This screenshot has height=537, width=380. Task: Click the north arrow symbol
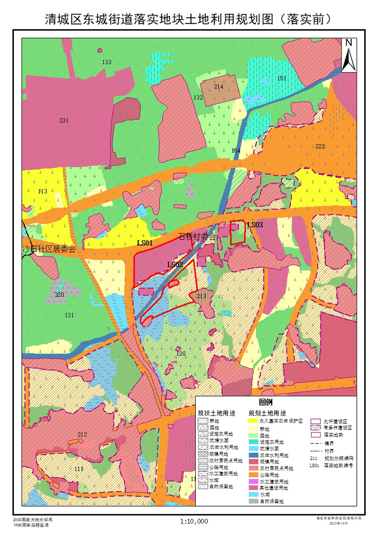[349, 55]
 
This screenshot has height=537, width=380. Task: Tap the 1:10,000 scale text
[194, 521]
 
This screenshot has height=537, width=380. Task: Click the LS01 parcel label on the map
[145, 243]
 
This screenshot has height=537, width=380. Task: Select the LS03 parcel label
[255, 225]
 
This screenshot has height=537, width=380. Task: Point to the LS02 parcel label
[175, 265]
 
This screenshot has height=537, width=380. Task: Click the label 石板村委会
[197, 237]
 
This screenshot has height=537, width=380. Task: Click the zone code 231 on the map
[64, 120]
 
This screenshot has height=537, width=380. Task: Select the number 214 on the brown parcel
[218, 87]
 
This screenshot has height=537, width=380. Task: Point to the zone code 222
[320, 147]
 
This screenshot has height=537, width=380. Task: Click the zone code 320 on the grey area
[59, 295]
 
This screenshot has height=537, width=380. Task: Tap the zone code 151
[282, 79]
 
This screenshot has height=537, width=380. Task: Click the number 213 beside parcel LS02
[201, 296]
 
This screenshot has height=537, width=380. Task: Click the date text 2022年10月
[338, 522]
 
